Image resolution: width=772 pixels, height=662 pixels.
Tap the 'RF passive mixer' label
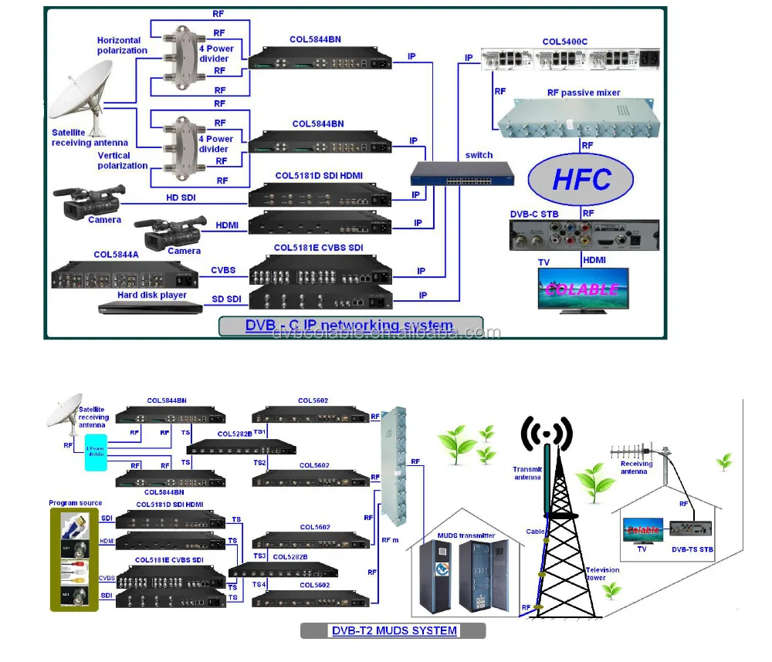coord(584,93)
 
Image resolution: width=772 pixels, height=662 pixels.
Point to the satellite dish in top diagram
coord(93,96)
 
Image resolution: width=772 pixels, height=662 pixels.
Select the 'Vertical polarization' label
coord(122,160)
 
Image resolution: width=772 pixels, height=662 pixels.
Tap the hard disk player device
coord(151,307)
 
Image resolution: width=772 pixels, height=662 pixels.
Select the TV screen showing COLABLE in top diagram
coord(583,289)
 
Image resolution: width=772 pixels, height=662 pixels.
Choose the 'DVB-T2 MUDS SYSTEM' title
coord(394,630)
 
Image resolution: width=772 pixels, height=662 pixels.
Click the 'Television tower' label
coord(602,574)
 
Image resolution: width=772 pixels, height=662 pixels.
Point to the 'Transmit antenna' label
coord(527,473)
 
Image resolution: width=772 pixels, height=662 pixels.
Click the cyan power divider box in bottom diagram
coord(96,449)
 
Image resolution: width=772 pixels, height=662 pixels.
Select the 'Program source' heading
coord(75,503)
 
